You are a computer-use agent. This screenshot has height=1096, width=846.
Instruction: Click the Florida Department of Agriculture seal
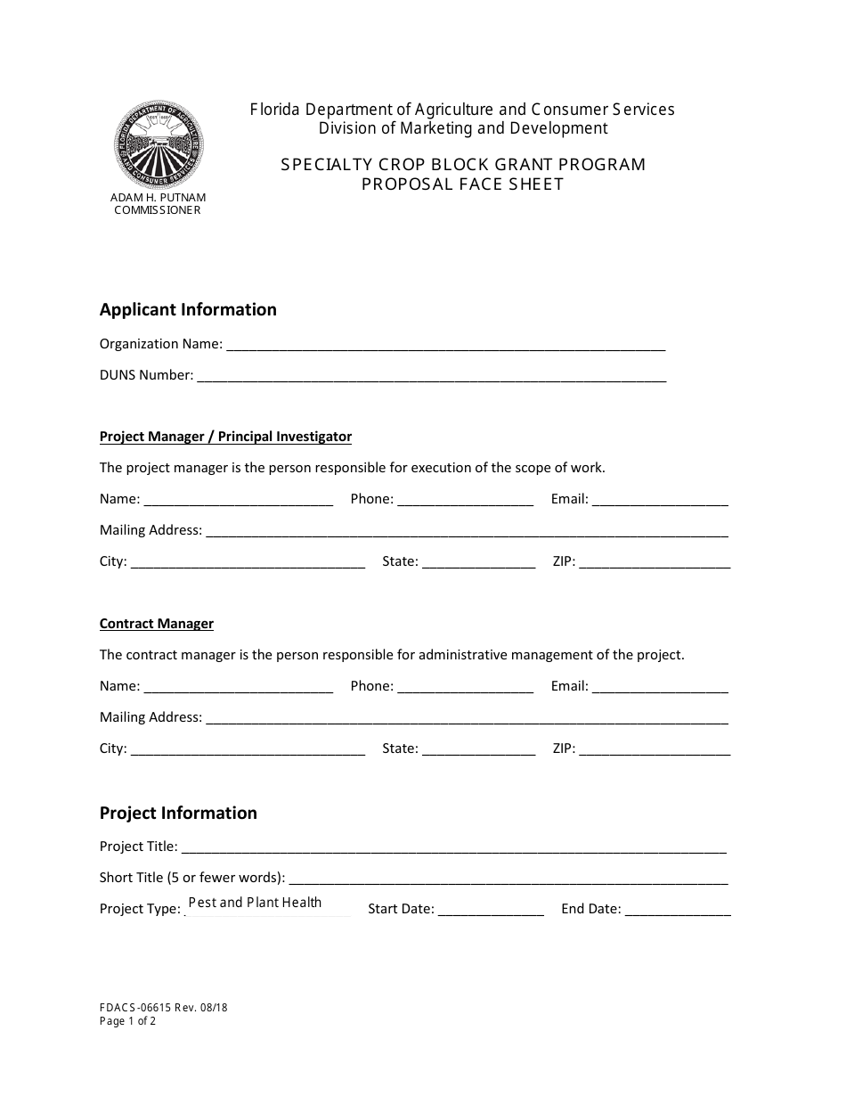point(158,144)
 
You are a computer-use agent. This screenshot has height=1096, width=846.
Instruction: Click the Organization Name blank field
point(445,344)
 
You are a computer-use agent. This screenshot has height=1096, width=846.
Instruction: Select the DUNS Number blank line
point(431,375)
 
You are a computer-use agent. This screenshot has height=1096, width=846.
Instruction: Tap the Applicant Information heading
point(188,309)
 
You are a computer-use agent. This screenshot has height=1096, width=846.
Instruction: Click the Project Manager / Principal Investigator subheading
point(225,437)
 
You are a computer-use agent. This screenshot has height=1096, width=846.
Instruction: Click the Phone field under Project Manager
point(465,499)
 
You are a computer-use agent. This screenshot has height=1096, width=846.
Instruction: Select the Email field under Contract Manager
point(660,686)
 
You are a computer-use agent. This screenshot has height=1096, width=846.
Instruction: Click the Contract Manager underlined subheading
point(157,624)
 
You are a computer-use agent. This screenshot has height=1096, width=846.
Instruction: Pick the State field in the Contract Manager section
point(478,748)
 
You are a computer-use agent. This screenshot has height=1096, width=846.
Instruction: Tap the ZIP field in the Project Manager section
point(655,561)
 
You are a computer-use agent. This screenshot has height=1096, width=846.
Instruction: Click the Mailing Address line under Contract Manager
point(467,717)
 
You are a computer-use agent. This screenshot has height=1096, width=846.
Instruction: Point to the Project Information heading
point(178,813)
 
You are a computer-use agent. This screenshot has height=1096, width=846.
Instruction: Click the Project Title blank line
point(453,847)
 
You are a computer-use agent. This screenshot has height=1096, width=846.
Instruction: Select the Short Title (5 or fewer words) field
point(508,878)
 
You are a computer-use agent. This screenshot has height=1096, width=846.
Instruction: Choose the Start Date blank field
point(491,909)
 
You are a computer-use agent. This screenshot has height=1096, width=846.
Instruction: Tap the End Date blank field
point(678,909)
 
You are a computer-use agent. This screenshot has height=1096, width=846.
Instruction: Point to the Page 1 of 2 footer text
point(127,1021)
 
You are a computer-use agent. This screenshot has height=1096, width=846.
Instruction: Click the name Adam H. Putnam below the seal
point(158,197)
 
